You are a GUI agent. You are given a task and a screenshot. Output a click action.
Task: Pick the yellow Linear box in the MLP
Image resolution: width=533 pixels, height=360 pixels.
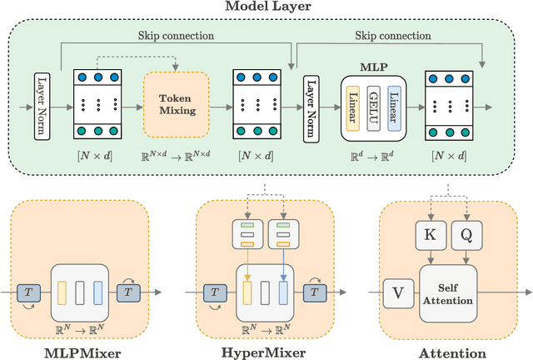click(352, 107)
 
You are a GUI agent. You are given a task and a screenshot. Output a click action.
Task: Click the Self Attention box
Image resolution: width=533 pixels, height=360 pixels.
click(448, 290)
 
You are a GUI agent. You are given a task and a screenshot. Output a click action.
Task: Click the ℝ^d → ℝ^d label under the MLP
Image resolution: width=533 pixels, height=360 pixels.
click(372, 157)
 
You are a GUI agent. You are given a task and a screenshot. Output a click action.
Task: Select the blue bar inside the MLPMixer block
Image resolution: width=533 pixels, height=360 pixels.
click(97, 292)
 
